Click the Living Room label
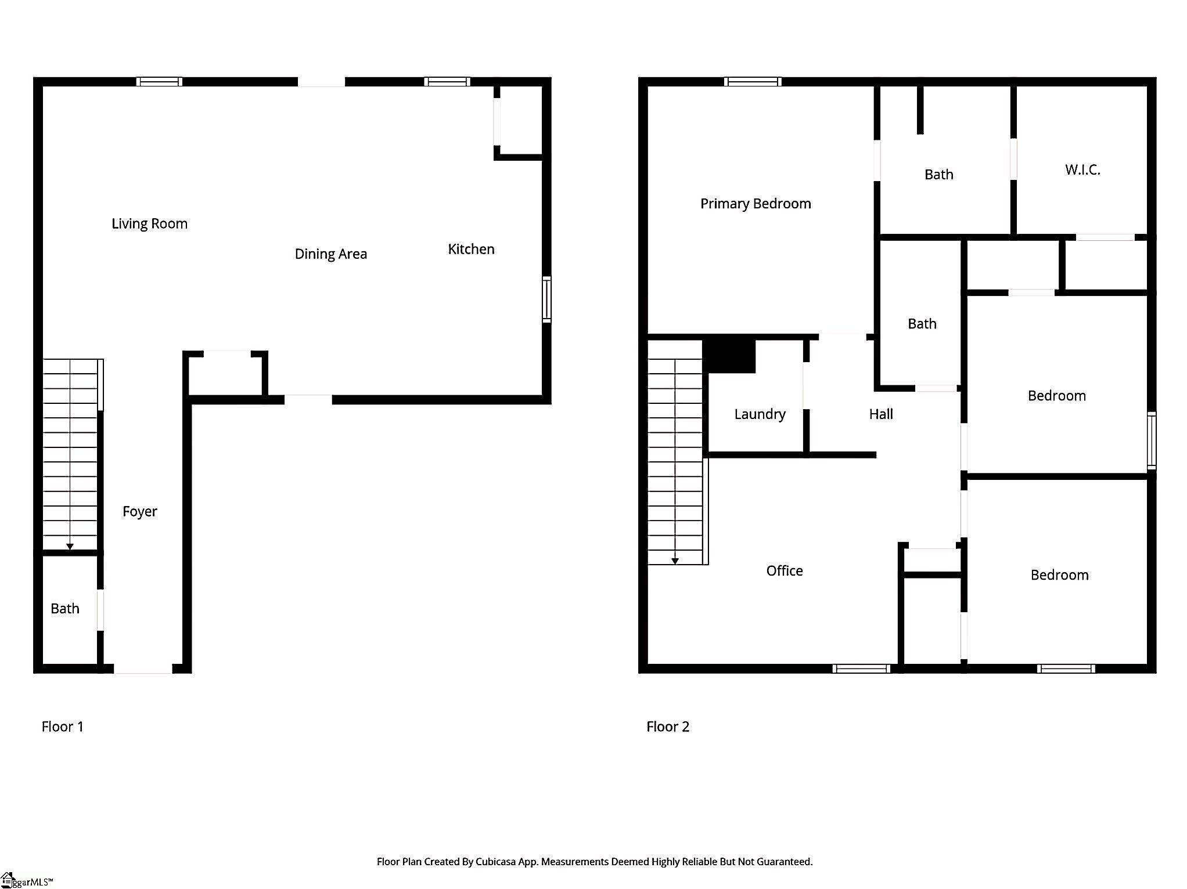pos(149,224)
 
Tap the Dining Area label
pos(330,254)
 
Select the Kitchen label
pos(471,250)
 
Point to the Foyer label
pos(140,512)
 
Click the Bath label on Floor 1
pos(65,609)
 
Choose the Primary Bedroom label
pos(756,204)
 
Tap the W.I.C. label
pos(1082,170)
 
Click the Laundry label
pos(760,414)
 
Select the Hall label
pos(881,414)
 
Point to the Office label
pos(785,571)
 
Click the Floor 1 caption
pos(63,727)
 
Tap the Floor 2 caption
pos(668,727)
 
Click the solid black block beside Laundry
pos(729,356)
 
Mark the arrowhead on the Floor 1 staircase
pos(70,547)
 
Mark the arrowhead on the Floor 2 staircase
pos(675,561)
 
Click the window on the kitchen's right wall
pos(546,299)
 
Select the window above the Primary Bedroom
pos(753,82)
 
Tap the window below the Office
pos(861,668)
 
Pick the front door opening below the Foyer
pos(143,669)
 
